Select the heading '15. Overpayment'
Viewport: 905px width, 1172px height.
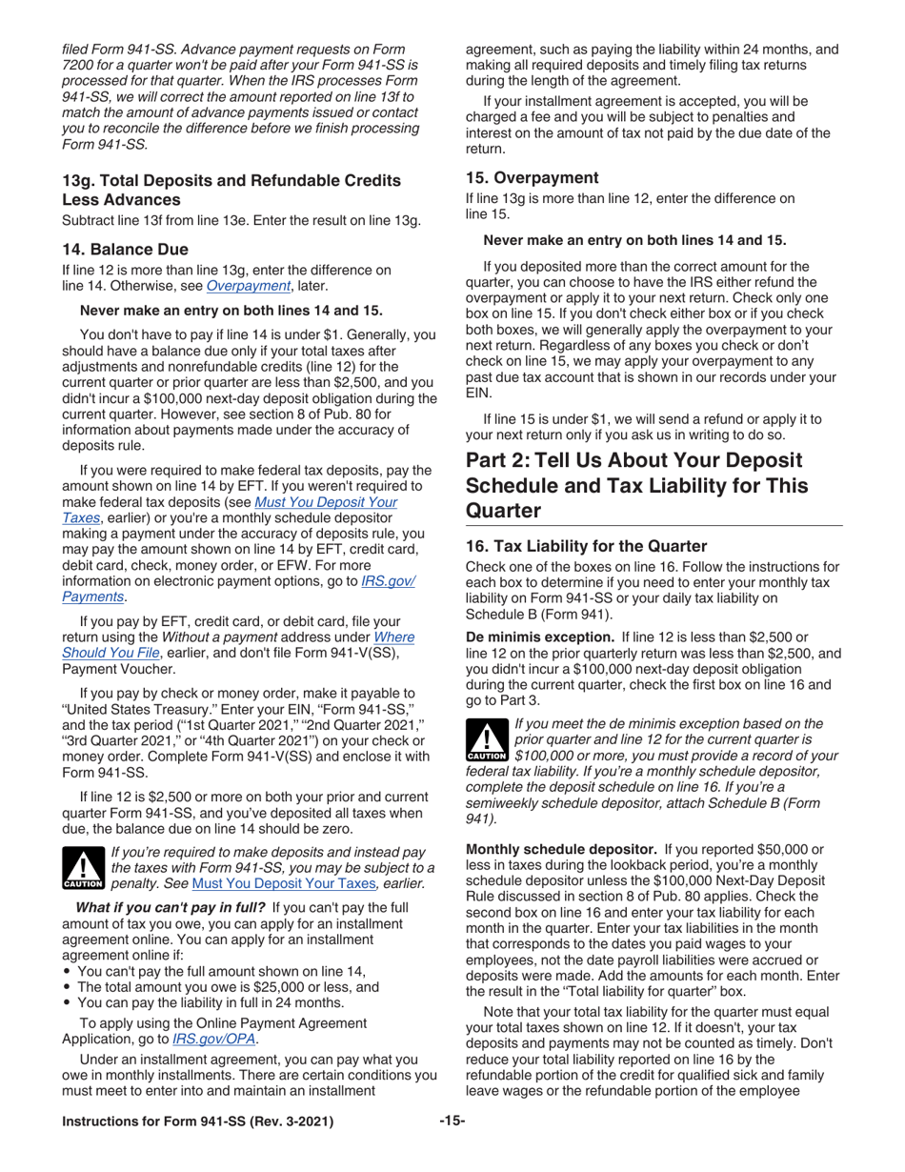pyautogui.click(x=532, y=177)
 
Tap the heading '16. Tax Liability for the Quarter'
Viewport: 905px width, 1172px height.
pyautogui.click(x=586, y=546)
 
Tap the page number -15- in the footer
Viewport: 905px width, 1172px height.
pyautogui.click(x=452, y=1121)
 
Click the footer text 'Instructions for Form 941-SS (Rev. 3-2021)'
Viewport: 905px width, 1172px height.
pyautogui.click(x=197, y=1122)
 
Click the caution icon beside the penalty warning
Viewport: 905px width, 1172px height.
pyautogui.click(x=83, y=868)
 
